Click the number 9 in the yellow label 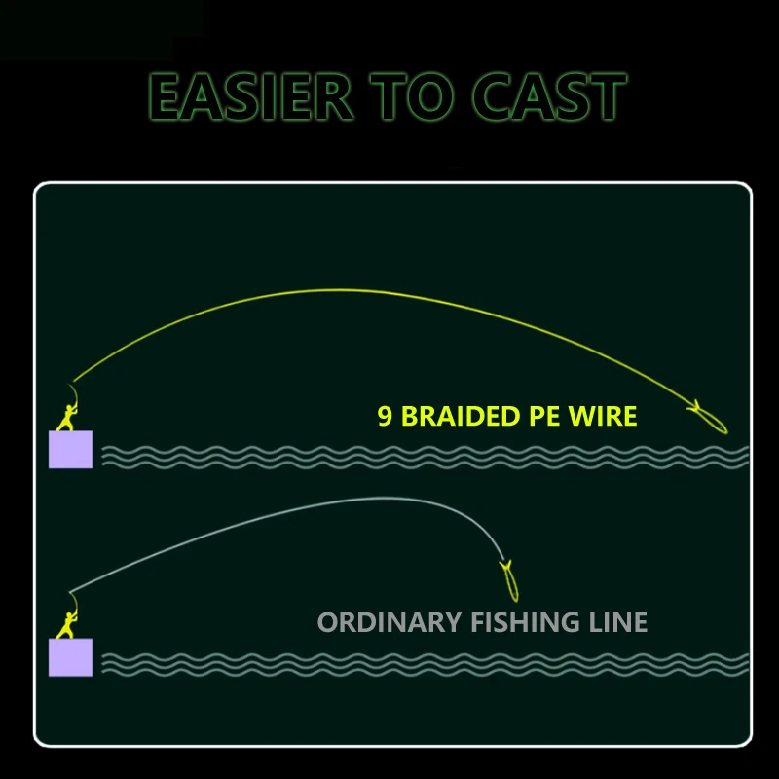point(385,417)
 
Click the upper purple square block point(70,449)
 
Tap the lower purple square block point(70,657)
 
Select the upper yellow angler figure point(68,410)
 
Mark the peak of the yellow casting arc point(336,290)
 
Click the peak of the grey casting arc point(389,499)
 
